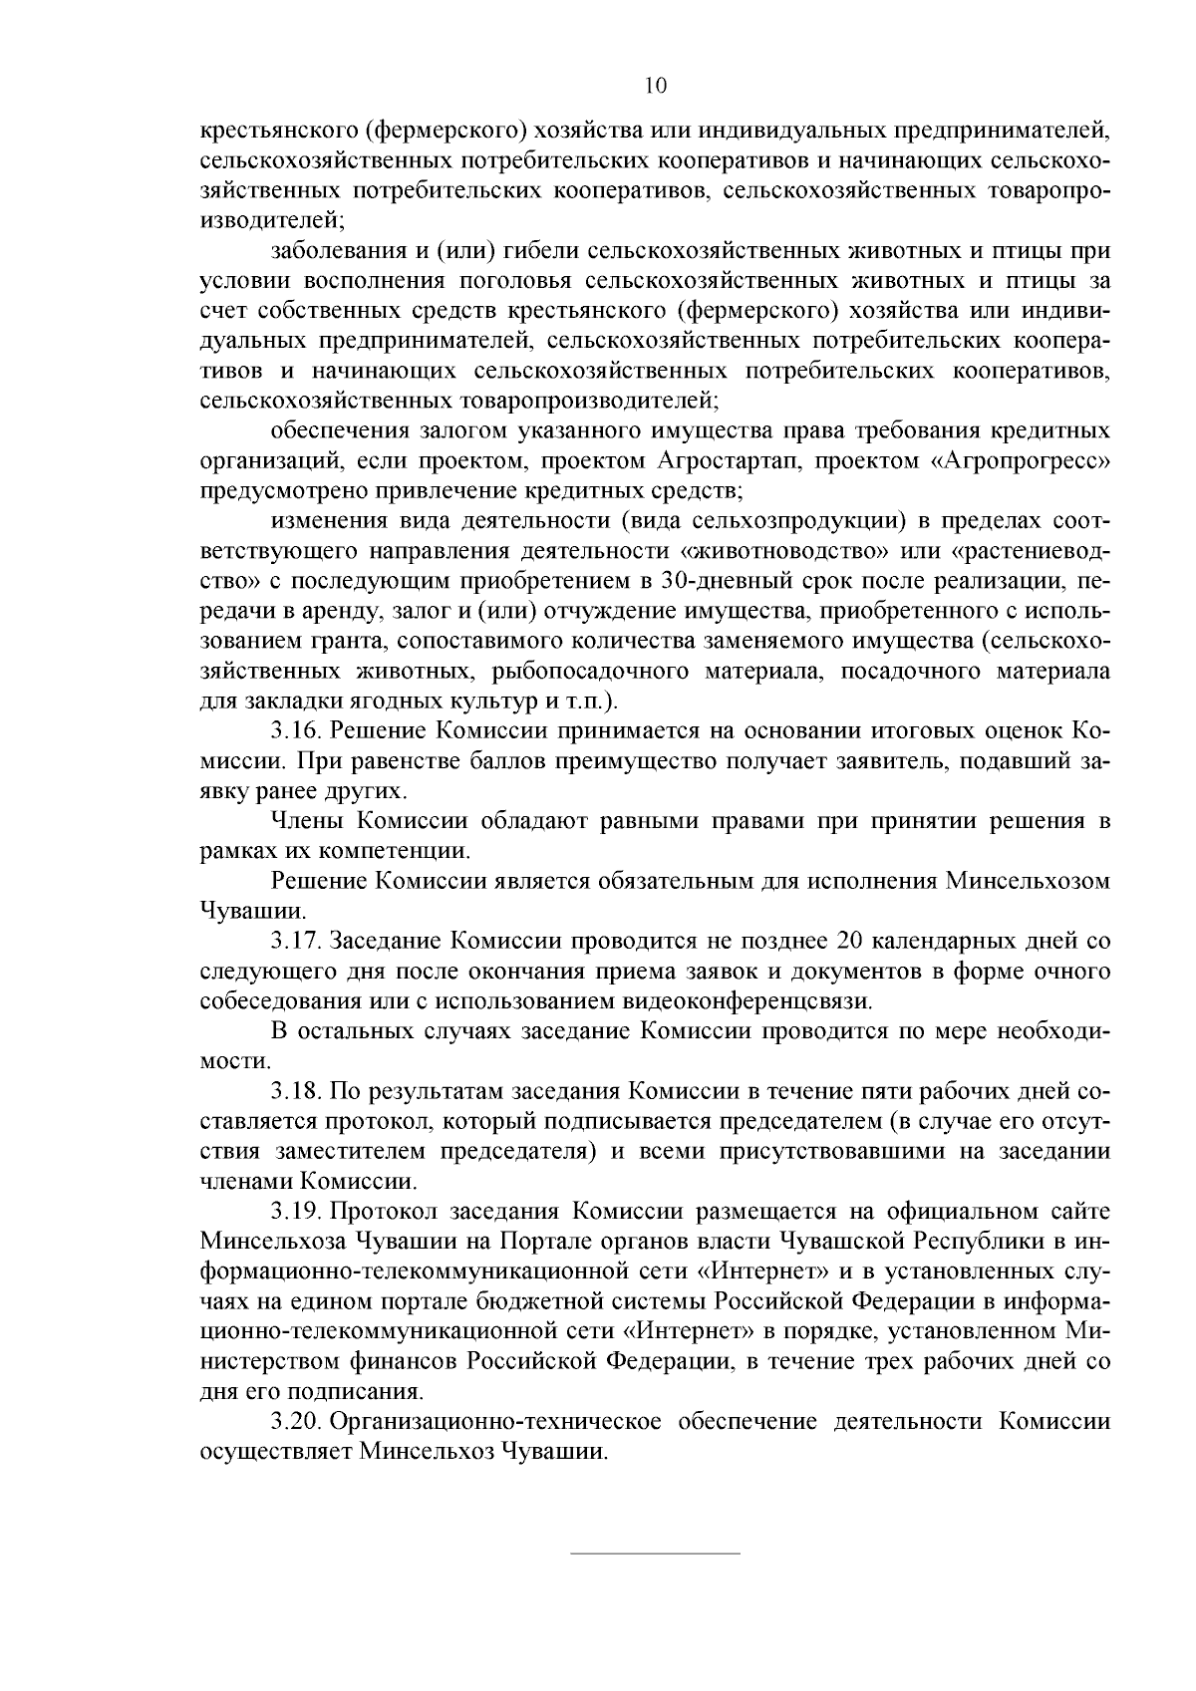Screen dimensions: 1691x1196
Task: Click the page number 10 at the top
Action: [655, 86]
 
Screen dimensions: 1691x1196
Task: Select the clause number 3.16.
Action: [295, 731]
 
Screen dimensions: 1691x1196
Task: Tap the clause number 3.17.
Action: [295, 941]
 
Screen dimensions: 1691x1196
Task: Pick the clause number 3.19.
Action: [295, 1212]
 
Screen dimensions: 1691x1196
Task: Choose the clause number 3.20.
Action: [295, 1422]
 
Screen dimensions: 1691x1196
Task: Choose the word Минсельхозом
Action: [1028, 881]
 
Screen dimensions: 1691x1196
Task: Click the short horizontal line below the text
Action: [655, 1552]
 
